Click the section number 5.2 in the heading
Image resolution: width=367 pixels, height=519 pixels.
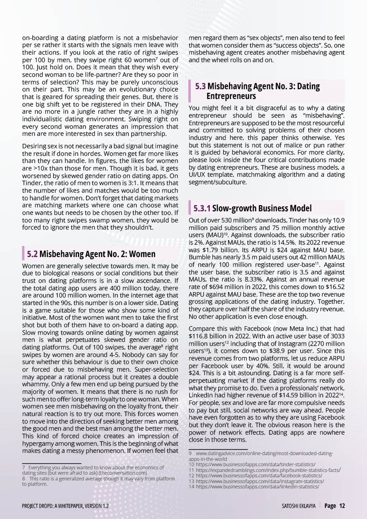32,254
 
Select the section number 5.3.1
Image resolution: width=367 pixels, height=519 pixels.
202,208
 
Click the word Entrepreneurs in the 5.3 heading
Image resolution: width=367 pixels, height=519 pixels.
231,95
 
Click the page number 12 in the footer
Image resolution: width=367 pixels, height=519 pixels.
342,506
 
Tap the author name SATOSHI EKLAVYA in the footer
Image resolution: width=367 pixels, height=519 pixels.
298,506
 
